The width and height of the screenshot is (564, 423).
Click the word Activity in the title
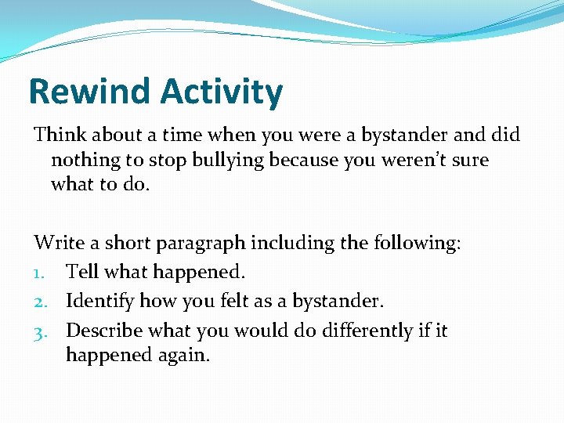(221, 92)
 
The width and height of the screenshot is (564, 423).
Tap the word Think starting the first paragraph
(60, 135)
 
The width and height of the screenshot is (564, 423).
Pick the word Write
(60, 243)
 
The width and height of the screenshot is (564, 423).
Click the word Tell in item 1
(82, 271)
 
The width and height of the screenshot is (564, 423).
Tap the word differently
(341, 330)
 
